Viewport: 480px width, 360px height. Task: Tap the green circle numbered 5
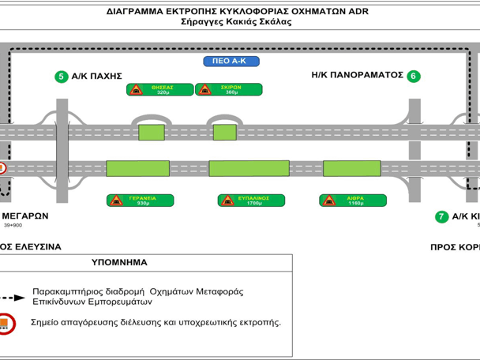click(61, 77)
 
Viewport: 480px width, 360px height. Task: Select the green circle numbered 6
click(414, 77)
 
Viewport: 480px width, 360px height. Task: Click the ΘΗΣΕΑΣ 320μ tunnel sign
click(160, 90)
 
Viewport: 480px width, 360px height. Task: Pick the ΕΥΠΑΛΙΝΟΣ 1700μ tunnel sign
click(247, 201)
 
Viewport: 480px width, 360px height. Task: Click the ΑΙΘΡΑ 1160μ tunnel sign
click(352, 201)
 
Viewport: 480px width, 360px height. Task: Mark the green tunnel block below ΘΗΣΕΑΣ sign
click(152, 131)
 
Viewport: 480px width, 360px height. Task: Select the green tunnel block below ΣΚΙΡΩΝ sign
click(225, 131)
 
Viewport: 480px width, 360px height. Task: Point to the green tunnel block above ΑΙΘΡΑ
click(351, 168)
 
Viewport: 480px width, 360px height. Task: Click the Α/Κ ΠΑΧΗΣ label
click(96, 77)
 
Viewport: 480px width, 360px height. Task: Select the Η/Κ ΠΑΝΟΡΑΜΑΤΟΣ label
click(358, 76)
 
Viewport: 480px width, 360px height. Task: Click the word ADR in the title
click(357, 12)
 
